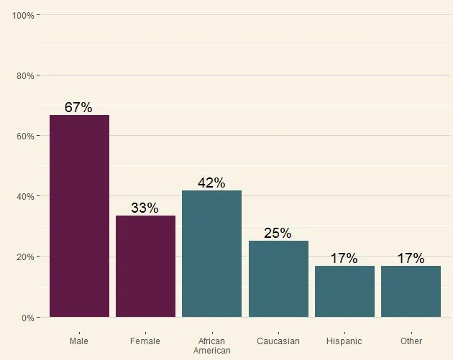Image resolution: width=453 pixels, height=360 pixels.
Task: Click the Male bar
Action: (79, 216)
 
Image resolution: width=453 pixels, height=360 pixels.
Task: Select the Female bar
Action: (145, 266)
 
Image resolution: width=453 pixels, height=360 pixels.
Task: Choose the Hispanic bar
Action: (344, 291)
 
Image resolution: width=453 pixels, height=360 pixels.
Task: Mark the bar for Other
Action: (411, 291)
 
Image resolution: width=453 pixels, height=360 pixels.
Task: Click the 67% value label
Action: (78, 108)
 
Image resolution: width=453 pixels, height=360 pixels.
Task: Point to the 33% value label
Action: (145, 208)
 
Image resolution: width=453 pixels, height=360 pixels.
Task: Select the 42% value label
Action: (211, 183)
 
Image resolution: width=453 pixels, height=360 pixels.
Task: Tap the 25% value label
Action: (278, 233)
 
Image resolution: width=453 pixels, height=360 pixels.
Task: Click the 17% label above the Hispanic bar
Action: (344, 259)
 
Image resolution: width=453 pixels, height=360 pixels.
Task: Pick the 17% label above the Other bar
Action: (411, 259)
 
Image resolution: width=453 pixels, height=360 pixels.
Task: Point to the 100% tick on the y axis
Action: (23, 15)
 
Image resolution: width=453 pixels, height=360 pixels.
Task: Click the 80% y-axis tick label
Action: (25, 75)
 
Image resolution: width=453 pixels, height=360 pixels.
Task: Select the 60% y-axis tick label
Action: (25, 136)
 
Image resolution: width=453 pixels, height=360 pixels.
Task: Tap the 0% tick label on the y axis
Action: (27, 318)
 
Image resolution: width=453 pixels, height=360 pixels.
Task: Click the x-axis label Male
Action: (79, 341)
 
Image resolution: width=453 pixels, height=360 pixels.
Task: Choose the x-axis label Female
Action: (145, 341)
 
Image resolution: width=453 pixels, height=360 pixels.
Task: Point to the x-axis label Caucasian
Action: (278, 341)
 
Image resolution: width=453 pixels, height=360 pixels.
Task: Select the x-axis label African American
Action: (211, 346)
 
